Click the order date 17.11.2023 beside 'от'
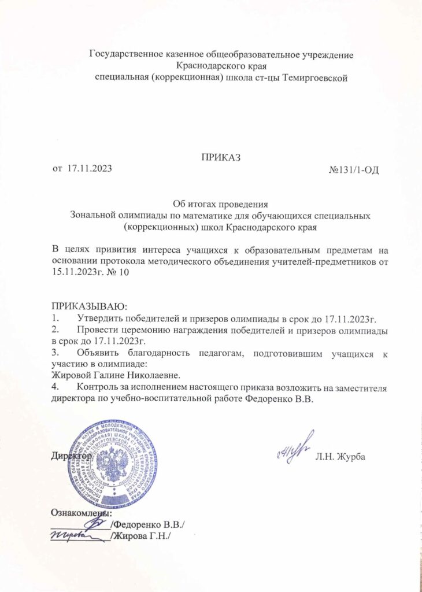tap(90, 168)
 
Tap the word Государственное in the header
tap(122, 55)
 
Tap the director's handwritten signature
tap(294, 449)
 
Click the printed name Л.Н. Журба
tap(340, 458)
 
